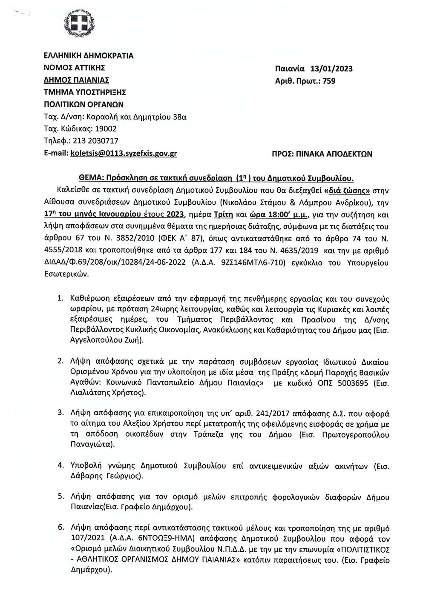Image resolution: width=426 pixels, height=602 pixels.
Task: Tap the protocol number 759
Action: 329,81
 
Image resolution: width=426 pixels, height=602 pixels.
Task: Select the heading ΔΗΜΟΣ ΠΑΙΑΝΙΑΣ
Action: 77,80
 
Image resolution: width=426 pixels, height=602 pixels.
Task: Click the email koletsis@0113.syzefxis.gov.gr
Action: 124,153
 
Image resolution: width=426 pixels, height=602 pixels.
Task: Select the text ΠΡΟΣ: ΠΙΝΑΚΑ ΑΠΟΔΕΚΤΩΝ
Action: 322,154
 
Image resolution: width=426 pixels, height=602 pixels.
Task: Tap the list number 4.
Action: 60,465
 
